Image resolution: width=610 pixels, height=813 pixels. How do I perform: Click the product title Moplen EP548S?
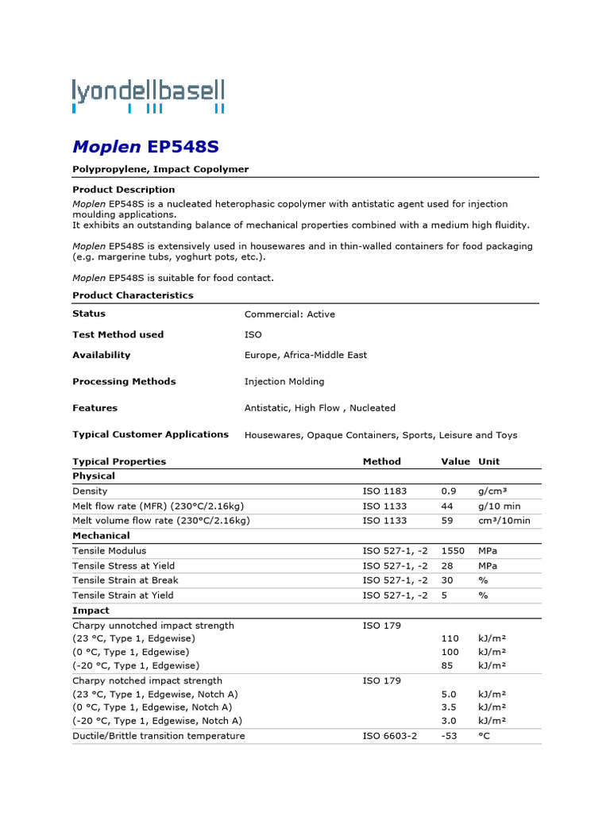point(145,147)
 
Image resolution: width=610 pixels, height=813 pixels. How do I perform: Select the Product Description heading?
point(123,190)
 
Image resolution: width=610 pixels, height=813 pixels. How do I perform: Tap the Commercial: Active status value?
point(289,314)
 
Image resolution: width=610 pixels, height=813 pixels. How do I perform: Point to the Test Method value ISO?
point(253,335)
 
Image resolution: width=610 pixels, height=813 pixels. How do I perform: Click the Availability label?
point(101,355)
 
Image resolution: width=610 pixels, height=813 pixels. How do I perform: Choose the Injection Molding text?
point(284,382)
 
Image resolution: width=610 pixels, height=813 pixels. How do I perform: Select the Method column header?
point(381,461)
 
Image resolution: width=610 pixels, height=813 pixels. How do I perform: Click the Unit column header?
point(488,461)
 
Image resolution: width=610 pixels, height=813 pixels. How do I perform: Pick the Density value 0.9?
point(449,491)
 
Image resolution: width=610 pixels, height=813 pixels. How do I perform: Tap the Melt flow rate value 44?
point(447,506)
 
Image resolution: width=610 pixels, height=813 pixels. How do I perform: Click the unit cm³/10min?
point(504,521)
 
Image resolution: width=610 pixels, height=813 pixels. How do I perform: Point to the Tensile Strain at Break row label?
point(125,580)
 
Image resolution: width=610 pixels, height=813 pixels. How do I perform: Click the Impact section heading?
point(91,611)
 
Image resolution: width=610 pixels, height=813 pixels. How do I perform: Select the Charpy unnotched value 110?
point(450,638)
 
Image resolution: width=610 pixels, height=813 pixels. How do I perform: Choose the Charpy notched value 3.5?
point(449,707)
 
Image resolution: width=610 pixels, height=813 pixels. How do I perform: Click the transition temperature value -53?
point(450,736)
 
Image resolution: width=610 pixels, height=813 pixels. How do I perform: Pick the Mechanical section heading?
point(101,536)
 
